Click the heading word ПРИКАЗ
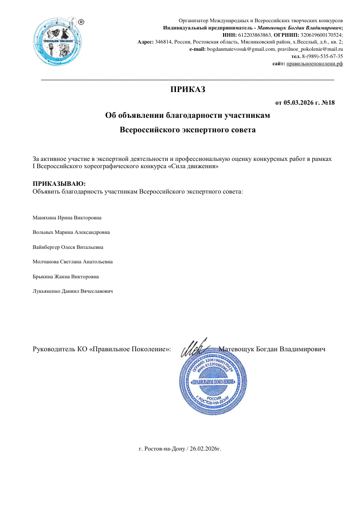[188, 89]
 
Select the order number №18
[328, 103]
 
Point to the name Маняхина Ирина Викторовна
[67, 218]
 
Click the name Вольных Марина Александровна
[71, 233]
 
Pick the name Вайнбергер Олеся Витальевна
[68, 247]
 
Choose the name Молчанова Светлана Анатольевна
[73, 262]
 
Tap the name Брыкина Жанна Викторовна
[66, 276]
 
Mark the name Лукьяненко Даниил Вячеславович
[73, 291]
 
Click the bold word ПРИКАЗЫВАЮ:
[59, 184]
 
